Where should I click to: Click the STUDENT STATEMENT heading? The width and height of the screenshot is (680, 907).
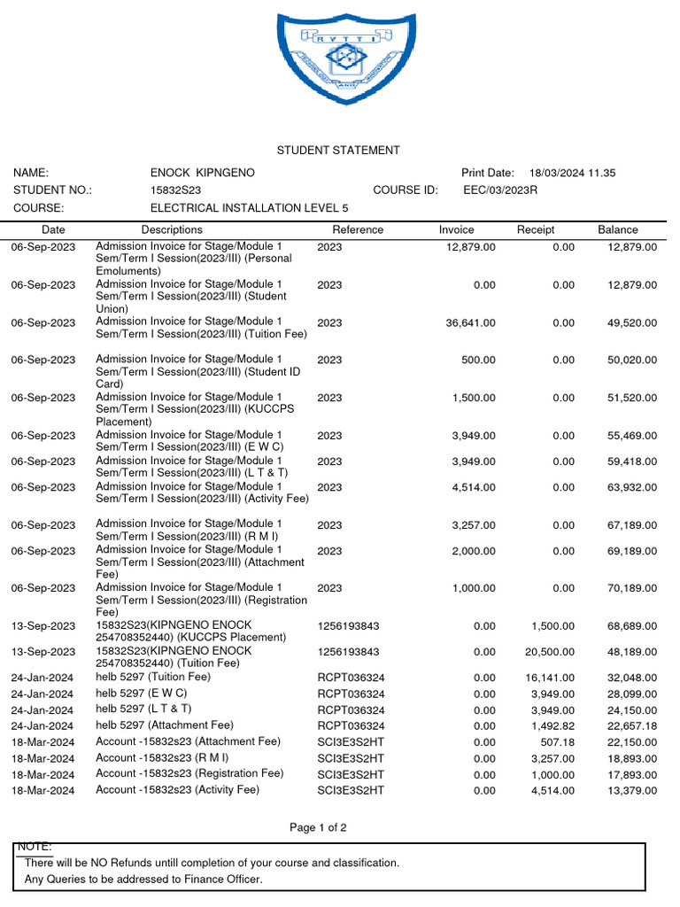point(338,151)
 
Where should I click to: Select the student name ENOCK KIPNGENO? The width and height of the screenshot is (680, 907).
point(203,173)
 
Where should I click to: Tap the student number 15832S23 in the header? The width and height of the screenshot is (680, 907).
point(175,190)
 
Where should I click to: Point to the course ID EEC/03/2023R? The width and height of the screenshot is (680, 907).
point(500,190)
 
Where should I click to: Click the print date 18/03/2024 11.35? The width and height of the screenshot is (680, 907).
point(572,173)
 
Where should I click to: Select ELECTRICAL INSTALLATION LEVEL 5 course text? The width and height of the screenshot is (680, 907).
point(250,208)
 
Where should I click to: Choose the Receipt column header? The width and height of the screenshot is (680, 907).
point(536,229)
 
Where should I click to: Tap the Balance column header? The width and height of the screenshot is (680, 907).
point(617,229)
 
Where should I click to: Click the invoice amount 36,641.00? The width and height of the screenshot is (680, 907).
point(470,323)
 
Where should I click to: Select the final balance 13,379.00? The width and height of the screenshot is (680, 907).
point(631,791)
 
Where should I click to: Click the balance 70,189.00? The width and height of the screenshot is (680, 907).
point(631,588)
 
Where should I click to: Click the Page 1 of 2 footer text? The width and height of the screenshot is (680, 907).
point(318,828)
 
